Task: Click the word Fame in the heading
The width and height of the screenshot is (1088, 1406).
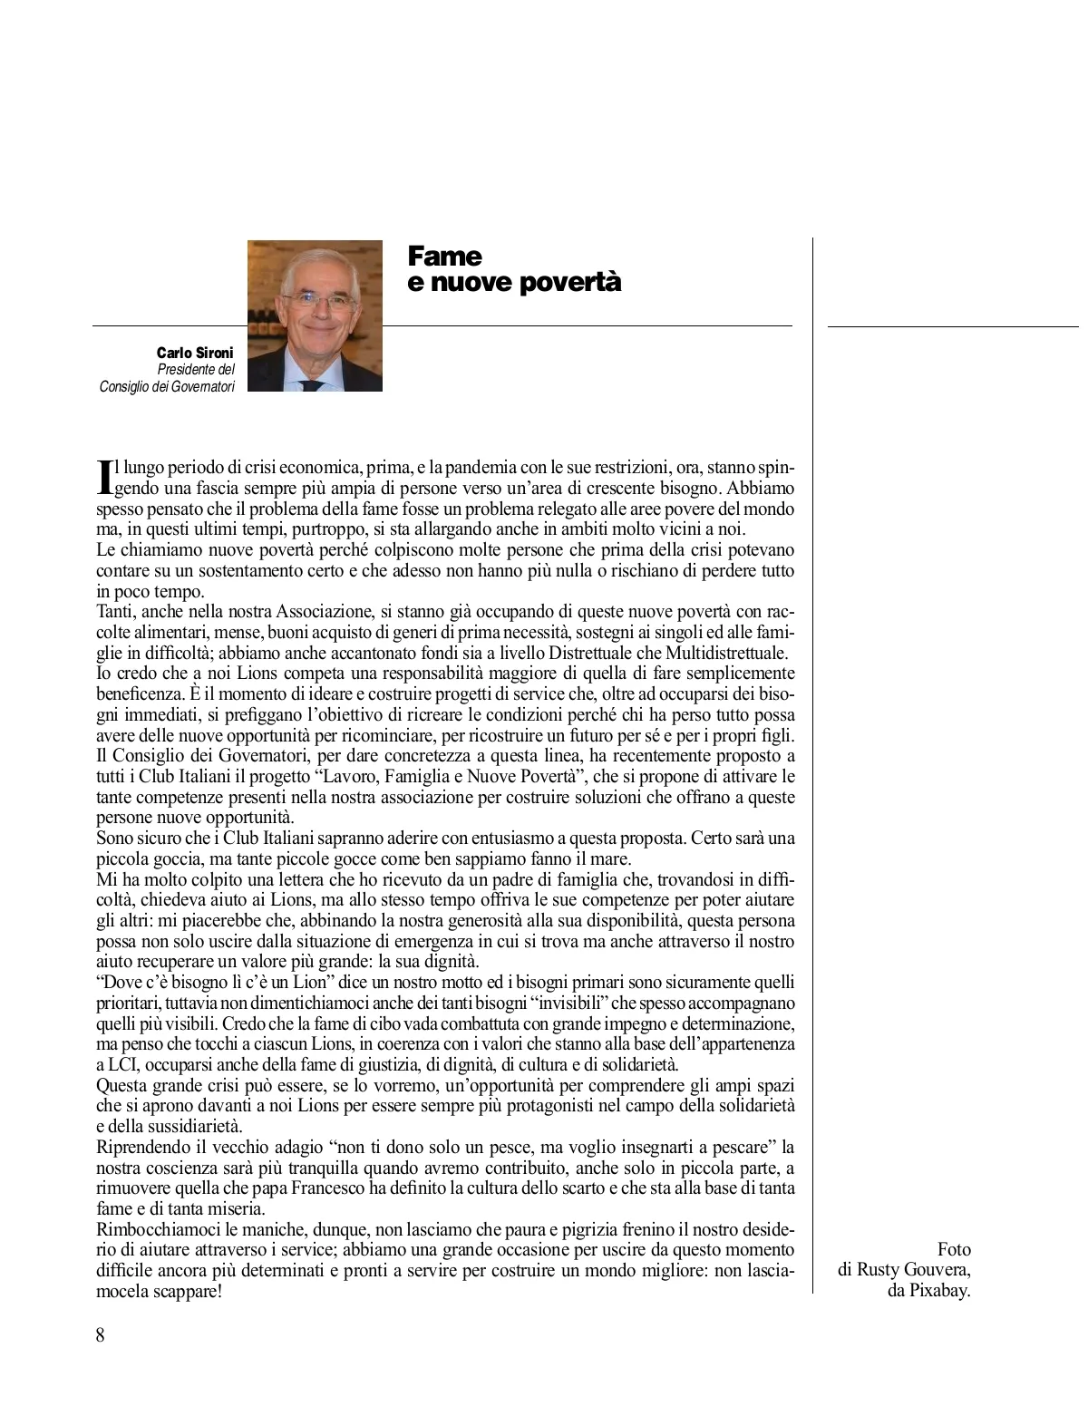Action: click(444, 257)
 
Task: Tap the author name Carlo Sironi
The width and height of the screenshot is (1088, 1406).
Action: click(195, 353)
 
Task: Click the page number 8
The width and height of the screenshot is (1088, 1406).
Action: click(101, 1335)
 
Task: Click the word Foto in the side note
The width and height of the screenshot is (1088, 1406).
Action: click(954, 1249)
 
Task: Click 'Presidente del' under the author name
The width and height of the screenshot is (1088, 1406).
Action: click(196, 370)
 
